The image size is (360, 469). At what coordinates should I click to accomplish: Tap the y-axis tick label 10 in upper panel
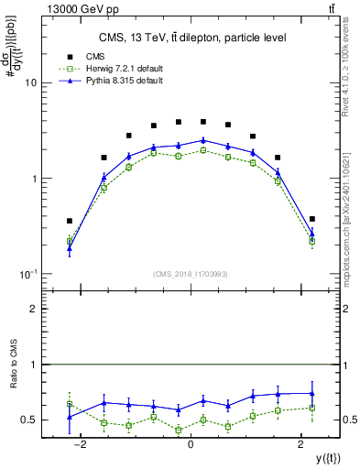pyautogui.click(x=31, y=82)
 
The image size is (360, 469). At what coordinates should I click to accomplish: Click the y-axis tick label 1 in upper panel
pyautogui.click(x=34, y=179)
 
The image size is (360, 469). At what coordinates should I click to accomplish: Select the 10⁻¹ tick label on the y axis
pyautogui.click(x=28, y=275)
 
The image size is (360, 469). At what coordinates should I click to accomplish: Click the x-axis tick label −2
pyautogui.click(x=80, y=444)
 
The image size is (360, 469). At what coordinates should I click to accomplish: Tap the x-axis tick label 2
pyautogui.click(x=301, y=444)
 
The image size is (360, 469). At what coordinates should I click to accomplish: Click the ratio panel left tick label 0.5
pyautogui.click(x=29, y=420)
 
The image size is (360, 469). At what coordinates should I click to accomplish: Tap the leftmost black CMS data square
pyautogui.click(x=70, y=221)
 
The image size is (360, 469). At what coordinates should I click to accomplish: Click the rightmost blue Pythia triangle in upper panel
pyautogui.click(x=312, y=234)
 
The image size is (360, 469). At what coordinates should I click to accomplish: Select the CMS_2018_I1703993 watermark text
pyautogui.click(x=191, y=274)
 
